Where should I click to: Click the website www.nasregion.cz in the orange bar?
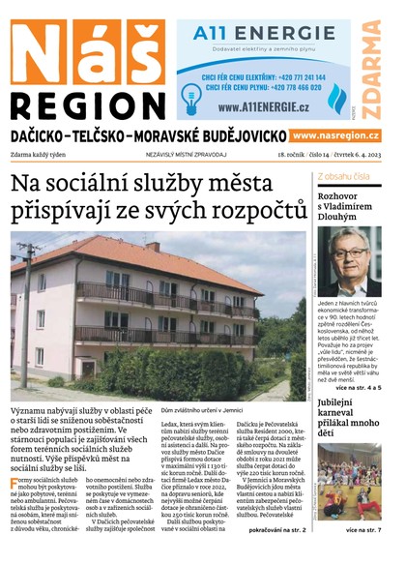(334, 135)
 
